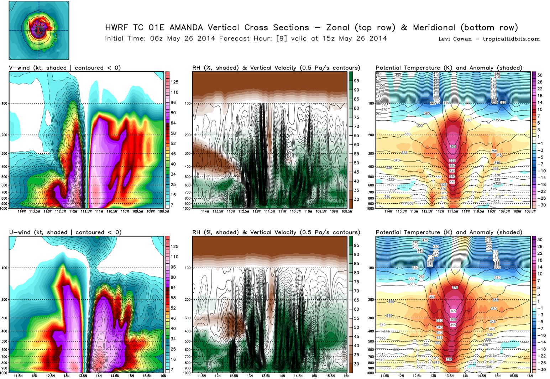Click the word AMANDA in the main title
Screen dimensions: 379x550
click(186, 28)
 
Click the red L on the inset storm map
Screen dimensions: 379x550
click(39, 31)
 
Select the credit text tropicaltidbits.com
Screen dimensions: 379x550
click(511, 39)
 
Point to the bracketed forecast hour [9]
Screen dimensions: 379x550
click(282, 38)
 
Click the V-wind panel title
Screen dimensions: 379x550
click(65, 68)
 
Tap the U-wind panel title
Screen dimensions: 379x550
click(65, 232)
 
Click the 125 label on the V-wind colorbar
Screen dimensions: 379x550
click(174, 82)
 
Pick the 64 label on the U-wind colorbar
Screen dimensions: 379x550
click(173, 288)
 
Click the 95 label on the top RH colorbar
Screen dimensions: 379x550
click(356, 81)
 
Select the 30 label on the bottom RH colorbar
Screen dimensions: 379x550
click(356, 364)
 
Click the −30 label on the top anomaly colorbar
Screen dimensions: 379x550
click(540, 205)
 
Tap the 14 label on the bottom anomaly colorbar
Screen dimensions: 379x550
click(540, 267)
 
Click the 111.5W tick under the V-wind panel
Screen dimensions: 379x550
click(86, 211)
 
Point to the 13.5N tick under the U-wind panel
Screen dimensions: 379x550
click(83, 376)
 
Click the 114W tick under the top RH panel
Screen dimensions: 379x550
click(205, 211)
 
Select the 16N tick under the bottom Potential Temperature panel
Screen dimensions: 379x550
click(530, 376)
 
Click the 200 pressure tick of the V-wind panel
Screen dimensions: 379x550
click(5, 135)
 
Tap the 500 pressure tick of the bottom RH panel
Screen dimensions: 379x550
click(188, 341)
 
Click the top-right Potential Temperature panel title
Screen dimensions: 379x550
click(449, 68)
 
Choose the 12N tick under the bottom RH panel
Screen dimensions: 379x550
click(218, 376)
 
